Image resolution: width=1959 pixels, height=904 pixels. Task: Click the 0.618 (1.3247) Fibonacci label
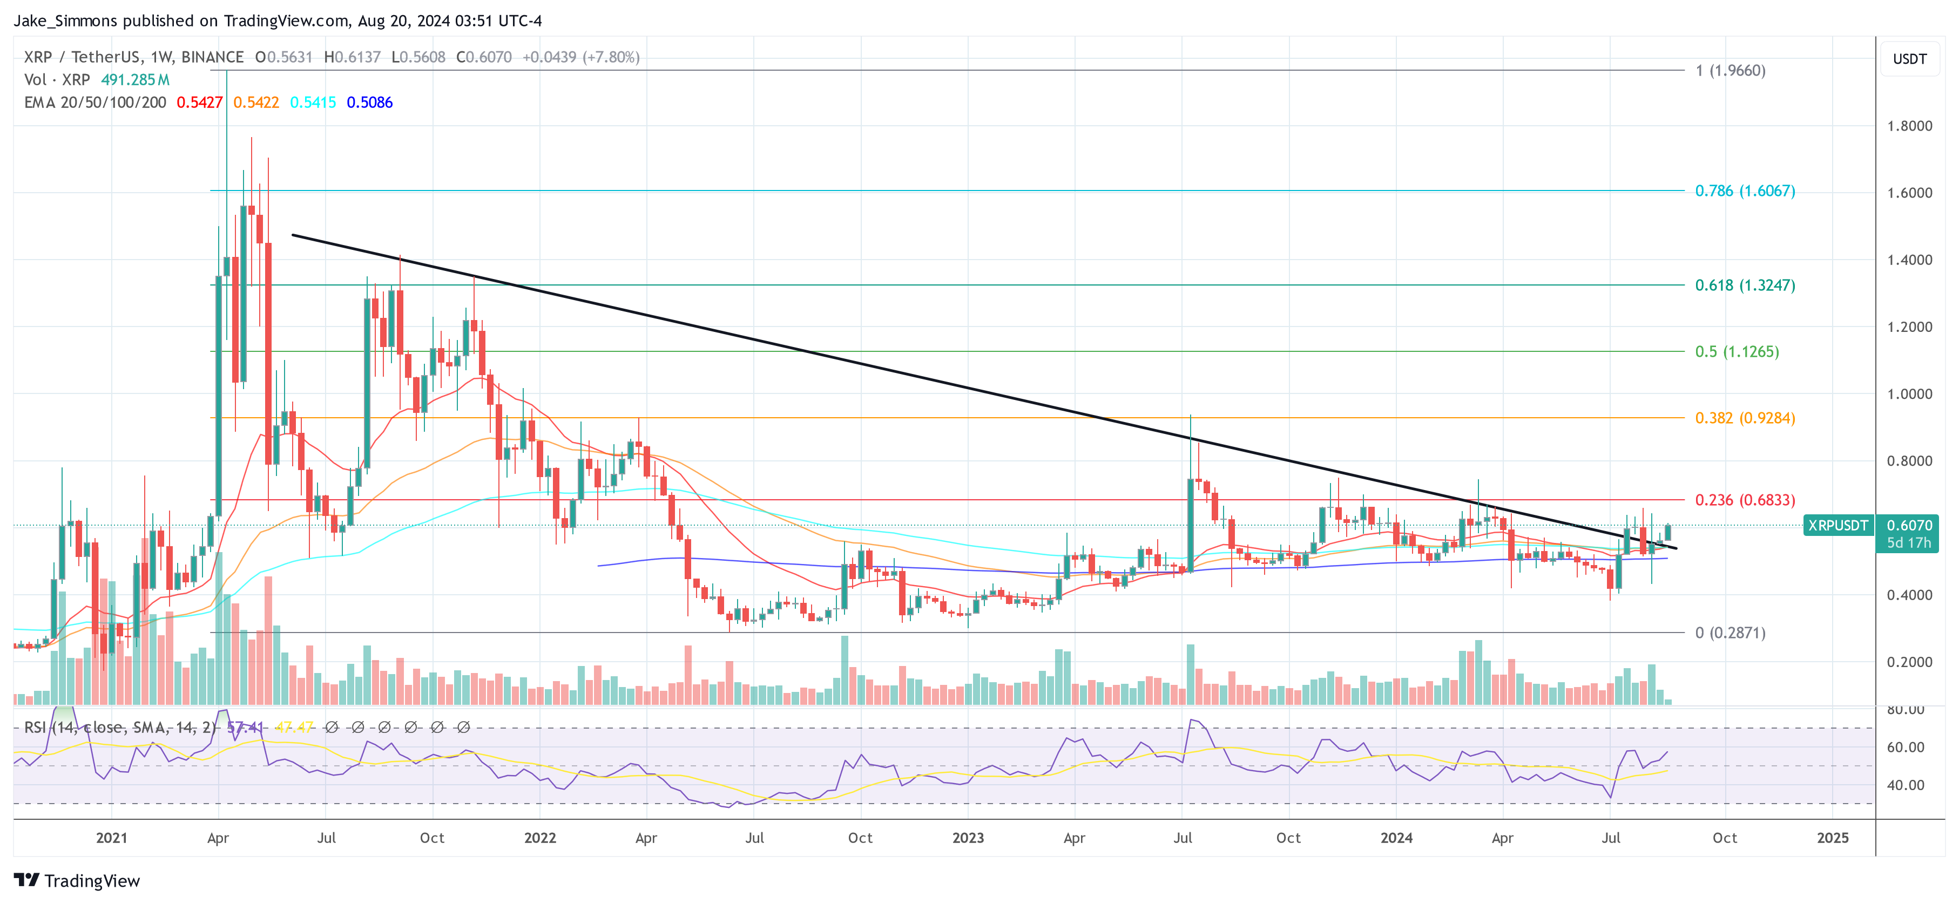[1745, 285]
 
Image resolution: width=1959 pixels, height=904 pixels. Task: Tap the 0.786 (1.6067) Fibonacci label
[1745, 191]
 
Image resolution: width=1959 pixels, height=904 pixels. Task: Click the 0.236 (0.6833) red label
[1745, 500]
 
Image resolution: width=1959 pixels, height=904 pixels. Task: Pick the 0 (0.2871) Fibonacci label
[1730, 633]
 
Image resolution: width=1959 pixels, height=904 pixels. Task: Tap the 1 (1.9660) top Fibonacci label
[1730, 71]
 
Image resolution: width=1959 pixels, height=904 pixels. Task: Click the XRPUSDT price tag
[1838, 525]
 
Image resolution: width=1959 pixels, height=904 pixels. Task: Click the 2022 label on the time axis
[540, 838]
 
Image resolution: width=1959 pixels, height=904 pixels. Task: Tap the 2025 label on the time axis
[1832, 838]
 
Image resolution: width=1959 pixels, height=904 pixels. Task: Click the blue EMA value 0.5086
[369, 103]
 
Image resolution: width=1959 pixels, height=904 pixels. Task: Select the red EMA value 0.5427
[199, 103]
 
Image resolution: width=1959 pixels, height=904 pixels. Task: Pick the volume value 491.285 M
[136, 80]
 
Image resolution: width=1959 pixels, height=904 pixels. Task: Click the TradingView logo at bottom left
[77, 880]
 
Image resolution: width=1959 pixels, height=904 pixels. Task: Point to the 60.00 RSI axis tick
[1905, 747]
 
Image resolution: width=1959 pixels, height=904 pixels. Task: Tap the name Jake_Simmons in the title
[65, 21]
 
